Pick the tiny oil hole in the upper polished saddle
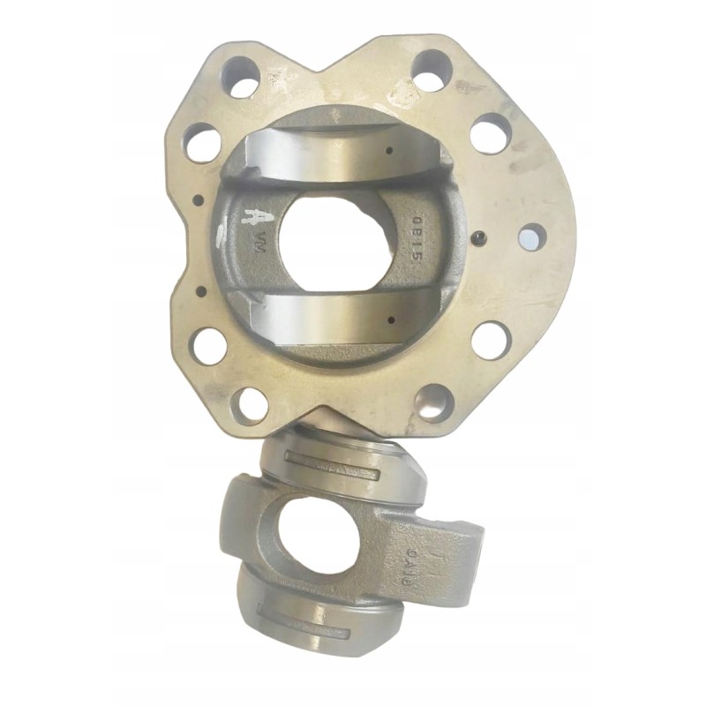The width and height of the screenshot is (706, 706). (389, 151)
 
